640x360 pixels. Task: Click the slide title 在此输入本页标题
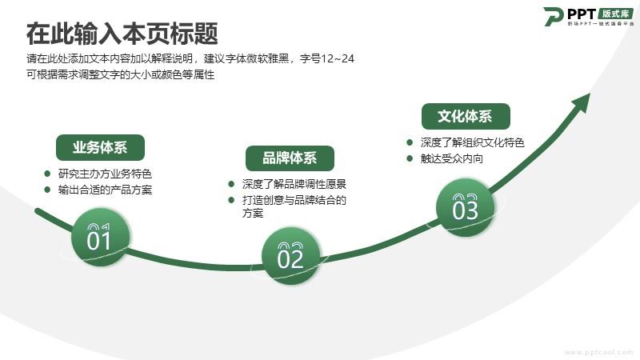click(x=122, y=33)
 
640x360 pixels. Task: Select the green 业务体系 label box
click(x=100, y=147)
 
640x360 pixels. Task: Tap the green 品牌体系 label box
click(x=290, y=158)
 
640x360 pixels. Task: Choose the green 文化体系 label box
click(x=466, y=116)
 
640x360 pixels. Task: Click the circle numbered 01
click(x=101, y=237)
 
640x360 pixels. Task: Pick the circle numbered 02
click(x=291, y=256)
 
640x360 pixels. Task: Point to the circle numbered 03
click(x=466, y=207)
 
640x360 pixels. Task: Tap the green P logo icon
click(x=554, y=17)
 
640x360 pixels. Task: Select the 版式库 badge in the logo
click(x=616, y=14)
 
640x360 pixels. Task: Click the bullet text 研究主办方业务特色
click(x=105, y=174)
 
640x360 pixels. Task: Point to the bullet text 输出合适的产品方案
click(x=105, y=190)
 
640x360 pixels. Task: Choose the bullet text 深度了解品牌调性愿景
click(x=294, y=184)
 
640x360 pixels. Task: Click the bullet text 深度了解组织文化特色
click(x=472, y=142)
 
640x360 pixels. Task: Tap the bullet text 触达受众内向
click(x=451, y=158)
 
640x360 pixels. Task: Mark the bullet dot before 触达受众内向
click(x=410, y=158)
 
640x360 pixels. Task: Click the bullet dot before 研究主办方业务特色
click(x=47, y=174)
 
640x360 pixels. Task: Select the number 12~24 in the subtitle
click(x=338, y=58)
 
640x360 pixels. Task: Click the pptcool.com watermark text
click(x=598, y=352)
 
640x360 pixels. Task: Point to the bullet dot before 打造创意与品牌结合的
click(x=231, y=200)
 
